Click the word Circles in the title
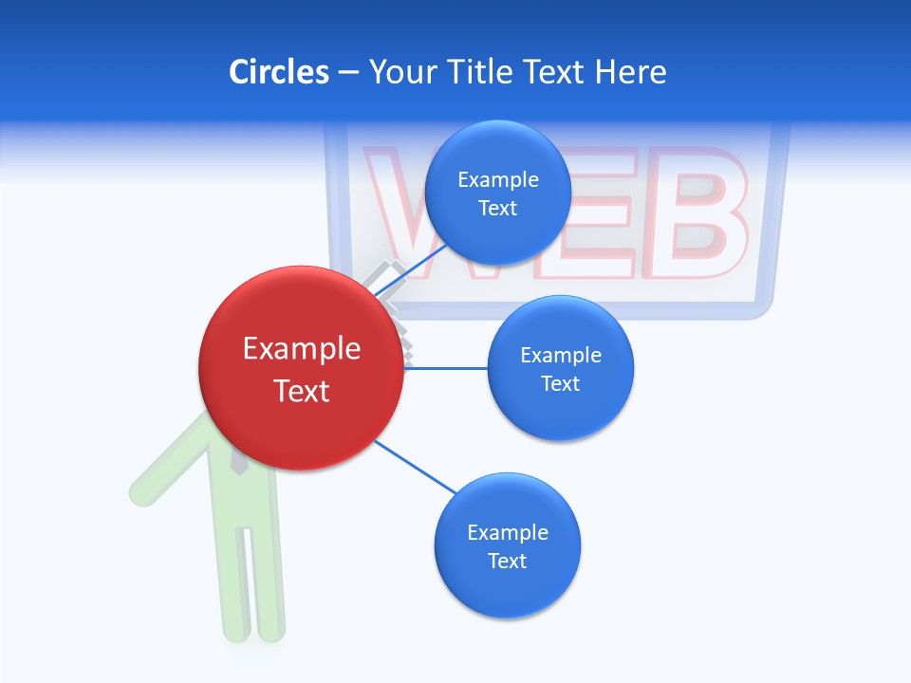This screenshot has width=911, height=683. tap(278, 72)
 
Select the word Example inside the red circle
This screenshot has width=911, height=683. tap(302, 349)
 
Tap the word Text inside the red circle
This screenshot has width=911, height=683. tap(302, 391)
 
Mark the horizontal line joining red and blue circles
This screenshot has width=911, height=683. tap(446, 368)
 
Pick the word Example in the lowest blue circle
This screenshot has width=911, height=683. tap(507, 533)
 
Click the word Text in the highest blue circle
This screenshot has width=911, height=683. tap(498, 209)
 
